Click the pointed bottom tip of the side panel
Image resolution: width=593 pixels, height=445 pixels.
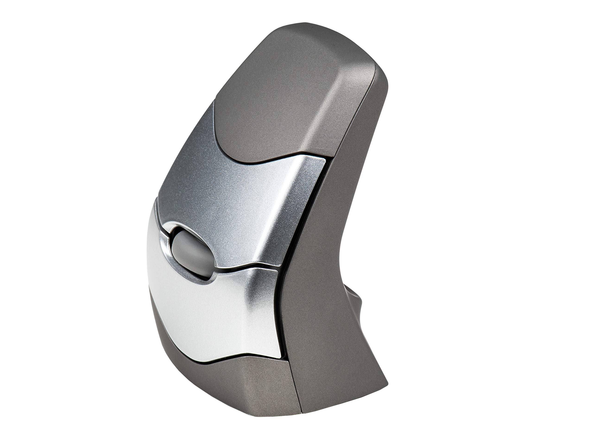click(386, 381)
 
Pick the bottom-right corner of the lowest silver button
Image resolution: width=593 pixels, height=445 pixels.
click(281, 357)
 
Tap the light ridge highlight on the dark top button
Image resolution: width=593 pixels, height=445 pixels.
click(322, 113)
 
